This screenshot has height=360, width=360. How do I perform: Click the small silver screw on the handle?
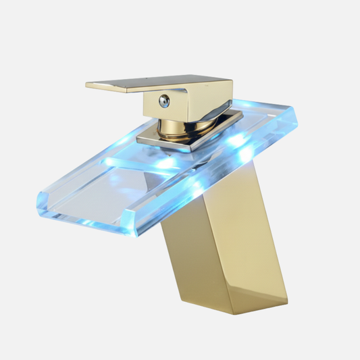click(x=162, y=101)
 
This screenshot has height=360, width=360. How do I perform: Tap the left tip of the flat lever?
click(x=88, y=85)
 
